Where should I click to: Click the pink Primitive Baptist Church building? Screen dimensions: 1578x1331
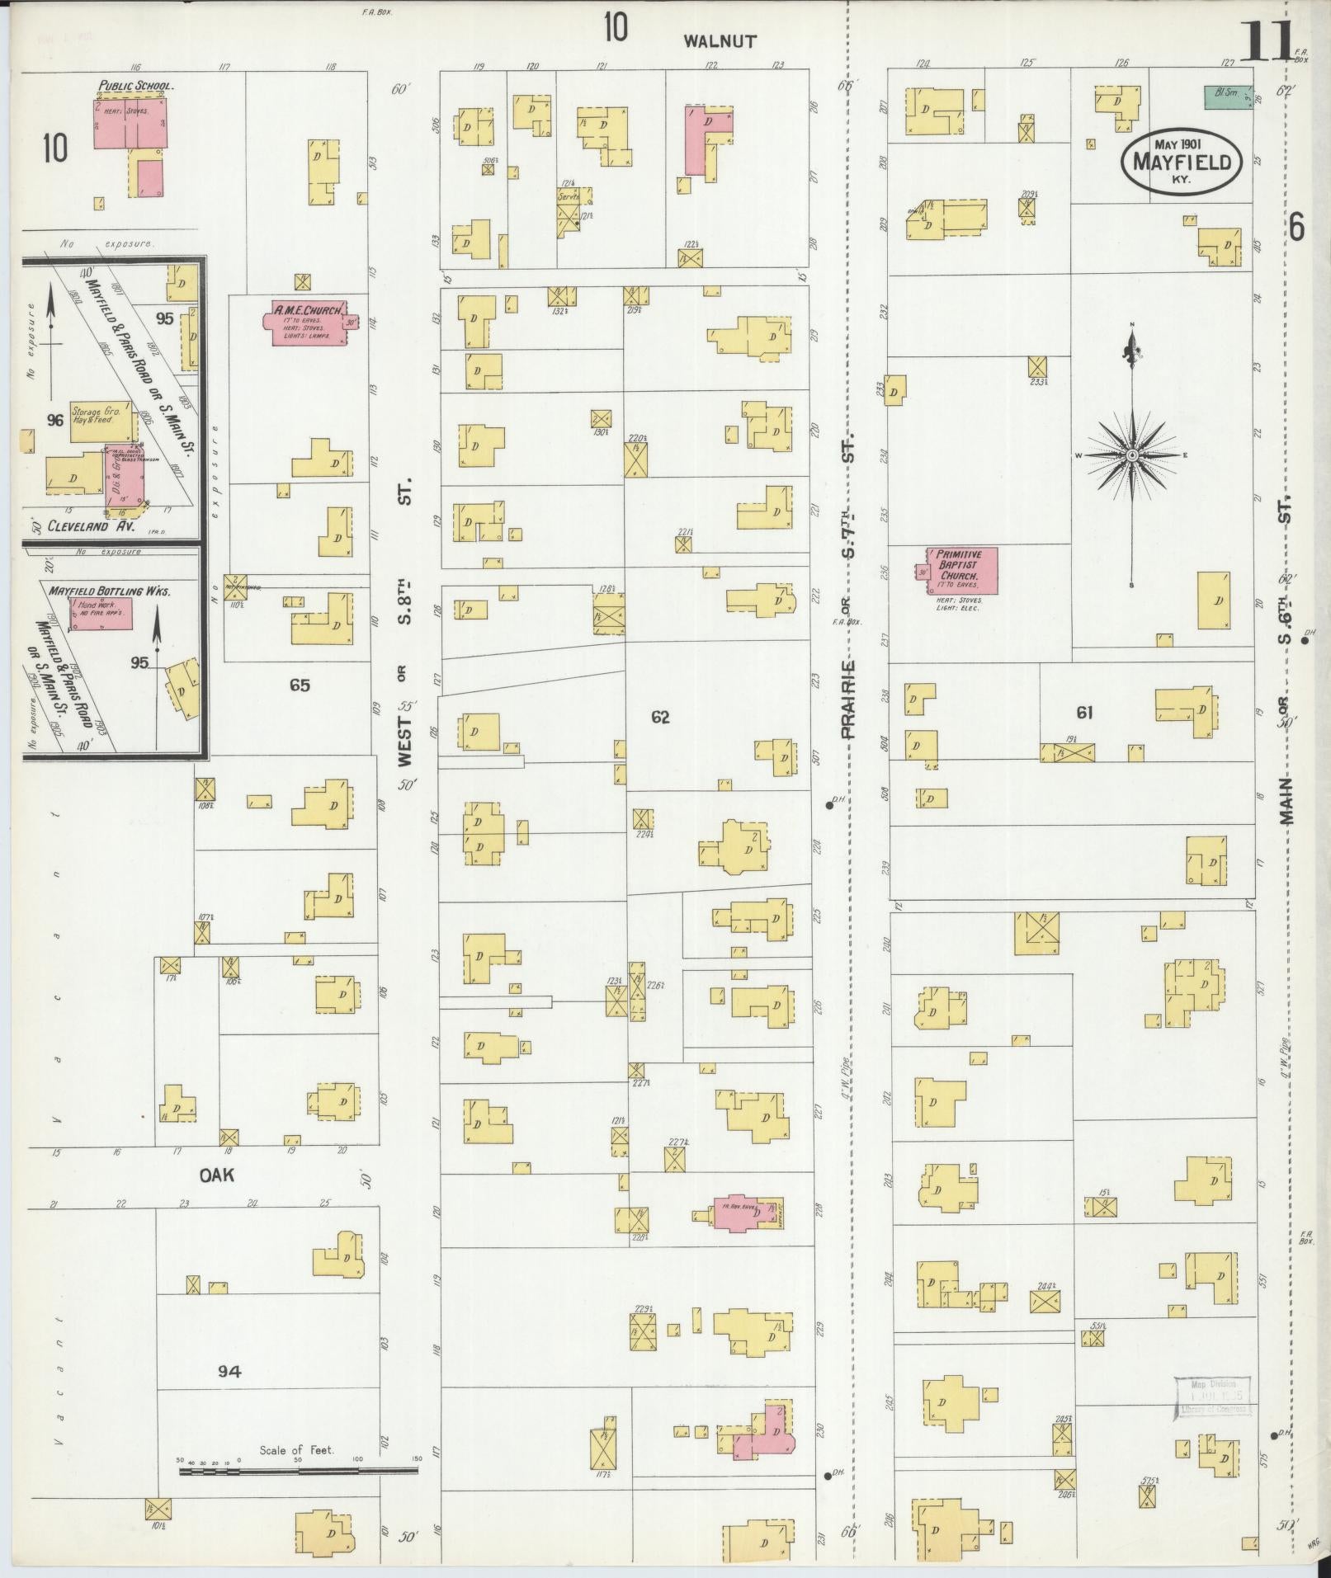[x=962, y=570]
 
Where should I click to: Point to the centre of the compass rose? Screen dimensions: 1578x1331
[x=1133, y=455]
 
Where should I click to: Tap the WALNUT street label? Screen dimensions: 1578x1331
[x=720, y=41]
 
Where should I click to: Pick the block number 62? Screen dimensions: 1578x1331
[x=660, y=718]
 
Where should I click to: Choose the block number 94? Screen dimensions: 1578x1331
[x=229, y=1371]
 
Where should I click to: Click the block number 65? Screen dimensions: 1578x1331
[x=299, y=685]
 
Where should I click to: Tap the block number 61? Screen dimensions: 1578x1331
[x=1083, y=713]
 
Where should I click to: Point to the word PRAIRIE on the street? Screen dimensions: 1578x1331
[x=849, y=699]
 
